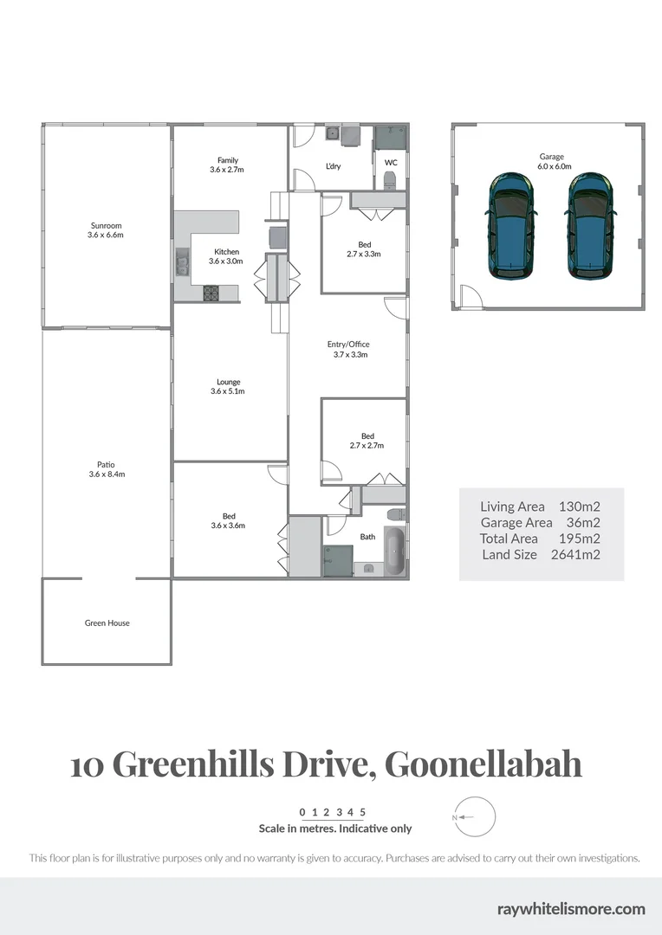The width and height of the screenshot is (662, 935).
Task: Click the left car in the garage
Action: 512,225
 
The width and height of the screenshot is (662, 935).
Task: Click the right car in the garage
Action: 591,225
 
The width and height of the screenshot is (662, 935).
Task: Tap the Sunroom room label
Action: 105,229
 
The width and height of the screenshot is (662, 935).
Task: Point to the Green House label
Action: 107,622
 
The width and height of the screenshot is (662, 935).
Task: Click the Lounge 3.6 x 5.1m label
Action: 228,386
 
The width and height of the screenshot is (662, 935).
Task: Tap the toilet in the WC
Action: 389,181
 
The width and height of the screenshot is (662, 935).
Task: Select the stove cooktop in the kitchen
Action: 211,293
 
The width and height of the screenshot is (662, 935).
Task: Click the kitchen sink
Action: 182,261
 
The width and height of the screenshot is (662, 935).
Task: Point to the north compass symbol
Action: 474,816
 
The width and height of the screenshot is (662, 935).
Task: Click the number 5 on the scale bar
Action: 363,812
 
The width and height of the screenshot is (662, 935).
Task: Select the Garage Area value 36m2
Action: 581,522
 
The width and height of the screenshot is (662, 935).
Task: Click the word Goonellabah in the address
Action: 483,764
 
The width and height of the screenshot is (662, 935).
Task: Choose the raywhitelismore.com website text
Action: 571,908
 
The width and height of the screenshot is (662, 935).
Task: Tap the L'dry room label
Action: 333,166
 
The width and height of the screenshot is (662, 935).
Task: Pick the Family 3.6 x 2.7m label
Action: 227,164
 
